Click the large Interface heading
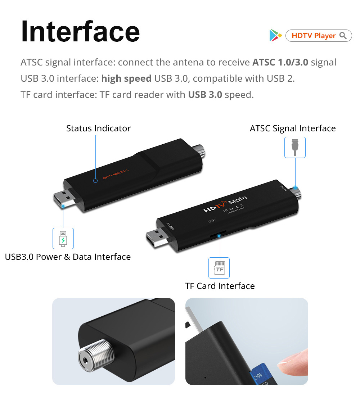(x=80, y=32)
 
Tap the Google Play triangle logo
(x=275, y=35)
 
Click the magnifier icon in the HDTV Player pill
(x=343, y=36)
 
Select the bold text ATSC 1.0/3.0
(x=280, y=62)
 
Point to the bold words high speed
(x=126, y=78)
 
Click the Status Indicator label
(x=98, y=128)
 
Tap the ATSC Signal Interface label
(x=293, y=128)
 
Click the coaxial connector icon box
(x=295, y=147)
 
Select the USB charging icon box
(x=63, y=238)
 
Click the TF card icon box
(x=219, y=268)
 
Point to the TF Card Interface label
(x=220, y=286)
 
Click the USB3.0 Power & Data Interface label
(x=68, y=257)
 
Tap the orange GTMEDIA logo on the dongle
(x=115, y=174)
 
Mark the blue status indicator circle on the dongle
(x=95, y=180)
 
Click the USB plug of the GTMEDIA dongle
(x=65, y=200)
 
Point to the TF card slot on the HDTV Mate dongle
(x=218, y=235)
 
